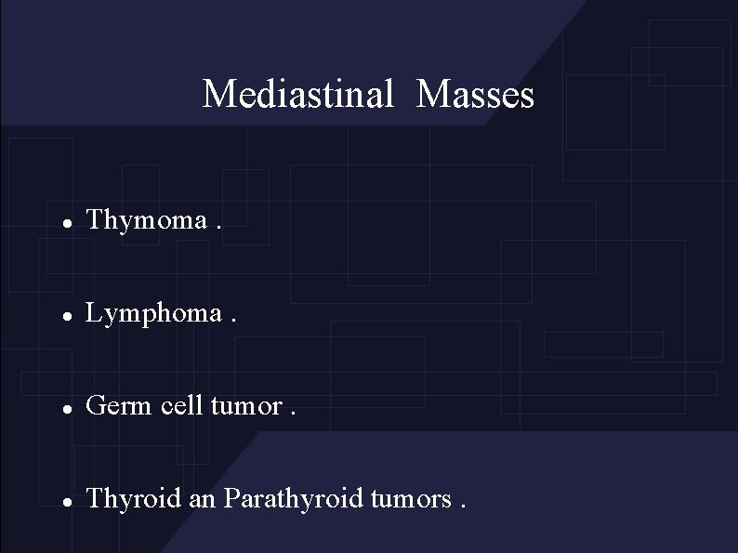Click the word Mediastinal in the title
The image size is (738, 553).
click(x=298, y=94)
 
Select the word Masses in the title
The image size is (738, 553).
click(x=476, y=94)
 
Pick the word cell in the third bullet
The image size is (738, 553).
click(x=176, y=406)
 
